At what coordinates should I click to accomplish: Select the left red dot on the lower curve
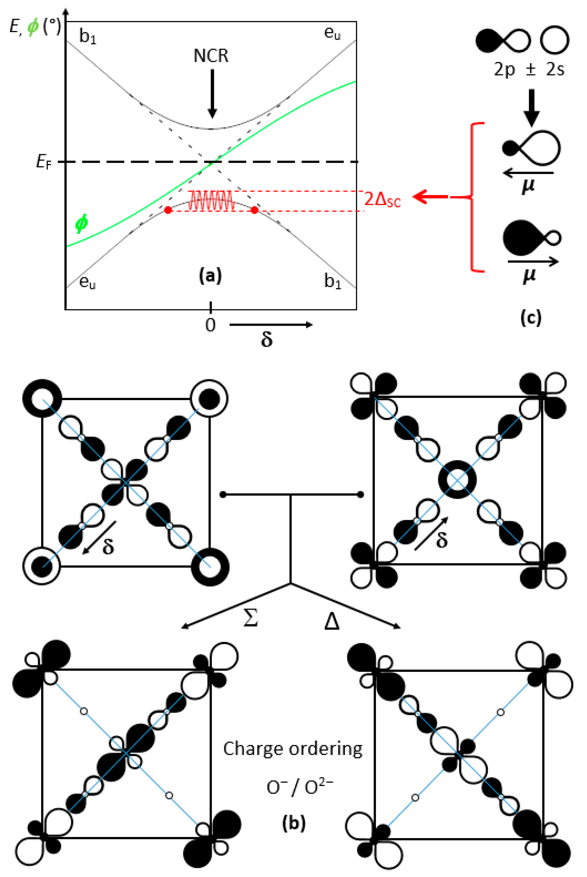168,210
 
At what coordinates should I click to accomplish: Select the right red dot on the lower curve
254,210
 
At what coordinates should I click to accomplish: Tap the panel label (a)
210,276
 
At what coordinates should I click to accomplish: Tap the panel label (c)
530,317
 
